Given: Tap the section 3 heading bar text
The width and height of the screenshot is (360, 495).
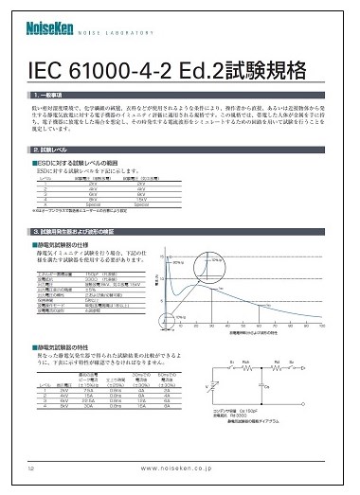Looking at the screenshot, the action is coord(95,232).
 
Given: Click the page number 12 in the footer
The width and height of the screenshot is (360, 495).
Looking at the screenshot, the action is coord(32,468).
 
